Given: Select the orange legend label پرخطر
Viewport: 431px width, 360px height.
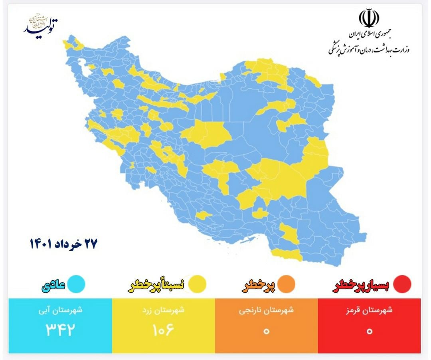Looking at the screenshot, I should click(x=259, y=285).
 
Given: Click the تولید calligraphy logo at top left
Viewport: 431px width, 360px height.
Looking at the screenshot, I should click(x=41, y=24).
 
